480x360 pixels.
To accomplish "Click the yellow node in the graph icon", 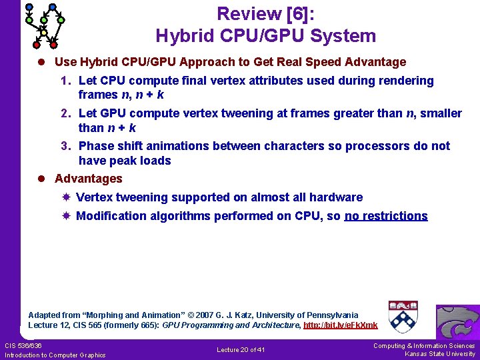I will point(44,33).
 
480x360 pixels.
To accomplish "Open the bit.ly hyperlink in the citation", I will point(341,325).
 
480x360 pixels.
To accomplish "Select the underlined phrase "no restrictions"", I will point(386,216).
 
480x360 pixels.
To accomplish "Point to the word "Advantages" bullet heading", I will point(89,179).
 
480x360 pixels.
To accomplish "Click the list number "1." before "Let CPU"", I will point(66,81).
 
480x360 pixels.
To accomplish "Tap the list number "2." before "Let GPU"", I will point(66,113).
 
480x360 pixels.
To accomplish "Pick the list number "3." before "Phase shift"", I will point(66,146).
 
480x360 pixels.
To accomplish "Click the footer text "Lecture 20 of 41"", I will point(241,350).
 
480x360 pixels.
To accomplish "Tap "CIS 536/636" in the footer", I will point(23,345).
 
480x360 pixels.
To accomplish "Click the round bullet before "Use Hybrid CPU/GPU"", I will point(41,63).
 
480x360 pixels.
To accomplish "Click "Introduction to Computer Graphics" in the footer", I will point(55,355).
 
